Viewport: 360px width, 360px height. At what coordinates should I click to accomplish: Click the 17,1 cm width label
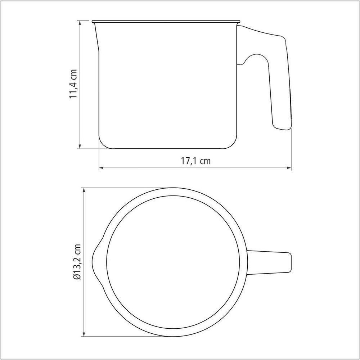195,161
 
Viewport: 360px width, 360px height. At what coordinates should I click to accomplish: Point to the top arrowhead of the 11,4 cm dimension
80,23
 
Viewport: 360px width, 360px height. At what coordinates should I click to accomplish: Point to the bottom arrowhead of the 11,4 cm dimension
80,146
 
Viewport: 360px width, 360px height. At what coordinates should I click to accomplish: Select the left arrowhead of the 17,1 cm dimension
102,168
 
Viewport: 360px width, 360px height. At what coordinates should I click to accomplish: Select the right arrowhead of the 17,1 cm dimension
289,168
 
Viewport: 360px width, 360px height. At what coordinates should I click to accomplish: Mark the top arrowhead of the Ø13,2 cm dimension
84,190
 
